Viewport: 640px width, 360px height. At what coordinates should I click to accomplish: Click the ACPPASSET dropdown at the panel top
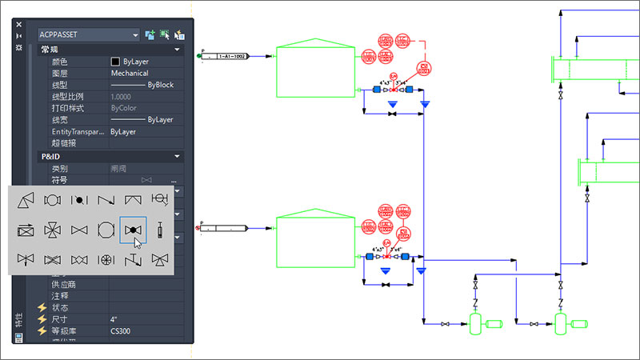point(88,34)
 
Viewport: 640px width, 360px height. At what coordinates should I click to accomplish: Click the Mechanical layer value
point(129,73)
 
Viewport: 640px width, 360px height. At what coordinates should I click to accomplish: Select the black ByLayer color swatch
point(116,61)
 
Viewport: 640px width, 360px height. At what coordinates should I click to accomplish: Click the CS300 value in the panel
point(121,331)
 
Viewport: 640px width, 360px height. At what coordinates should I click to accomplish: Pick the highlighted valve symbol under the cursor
point(133,230)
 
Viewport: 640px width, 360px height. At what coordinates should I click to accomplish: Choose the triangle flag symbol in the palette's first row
point(26,199)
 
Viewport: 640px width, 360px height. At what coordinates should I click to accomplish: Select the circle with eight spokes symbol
point(106,260)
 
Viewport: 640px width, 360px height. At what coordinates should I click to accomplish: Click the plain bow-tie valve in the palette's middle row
point(78,230)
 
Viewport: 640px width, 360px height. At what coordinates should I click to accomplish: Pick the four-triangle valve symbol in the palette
point(52,230)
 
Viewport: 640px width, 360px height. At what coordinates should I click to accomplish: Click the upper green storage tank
point(316,71)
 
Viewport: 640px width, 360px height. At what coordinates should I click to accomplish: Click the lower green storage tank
point(316,239)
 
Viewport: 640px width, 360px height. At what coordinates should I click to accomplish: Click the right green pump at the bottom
point(564,324)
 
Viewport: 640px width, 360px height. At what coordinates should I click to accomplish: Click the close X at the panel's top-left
point(19,24)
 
